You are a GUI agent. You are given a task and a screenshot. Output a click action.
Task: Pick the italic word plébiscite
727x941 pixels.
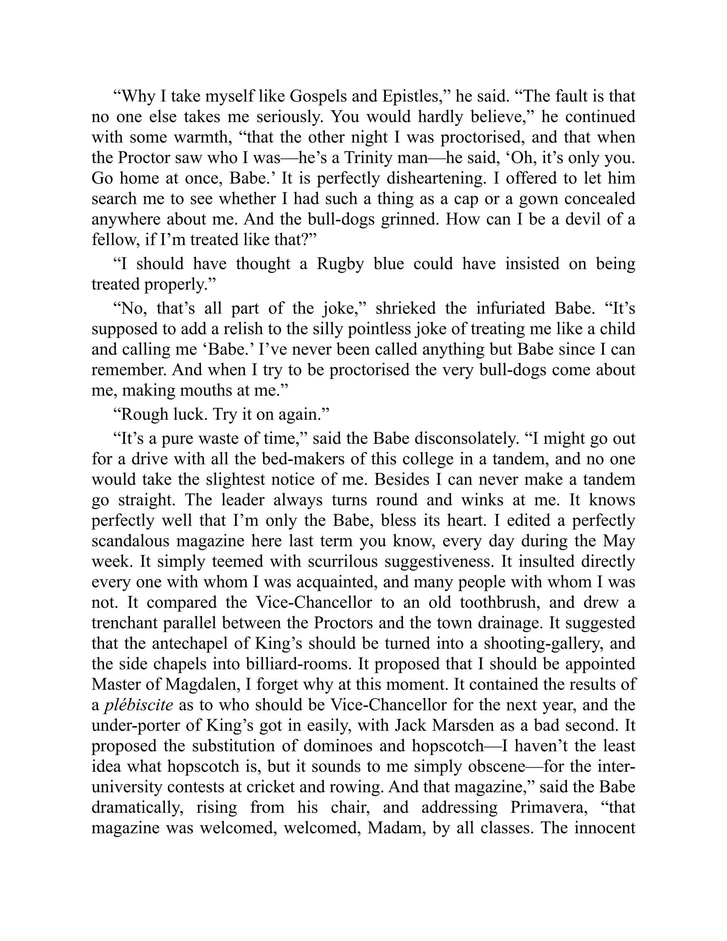click(x=139, y=705)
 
